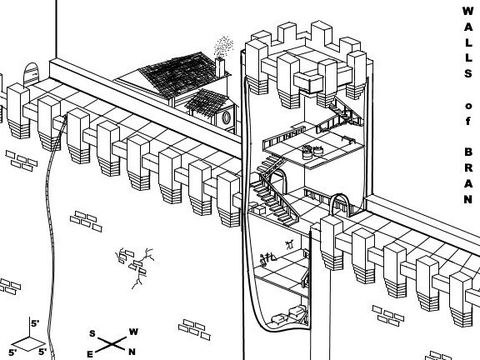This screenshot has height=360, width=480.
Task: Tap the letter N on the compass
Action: click(x=132, y=352)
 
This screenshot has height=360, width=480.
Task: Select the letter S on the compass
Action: click(x=92, y=333)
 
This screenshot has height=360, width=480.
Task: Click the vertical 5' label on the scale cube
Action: click(x=34, y=324)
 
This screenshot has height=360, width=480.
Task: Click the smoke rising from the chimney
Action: click(x=222, y=46)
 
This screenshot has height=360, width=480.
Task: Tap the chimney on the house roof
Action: click(x=220, y=67)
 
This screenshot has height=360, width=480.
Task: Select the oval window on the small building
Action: click(x=226, y=118)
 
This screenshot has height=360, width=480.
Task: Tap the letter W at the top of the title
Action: click(x=467, y=11)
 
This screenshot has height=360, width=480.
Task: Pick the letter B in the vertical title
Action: click(x=467, y=153)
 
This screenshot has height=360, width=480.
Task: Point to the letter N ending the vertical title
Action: click(x=467, y=200)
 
